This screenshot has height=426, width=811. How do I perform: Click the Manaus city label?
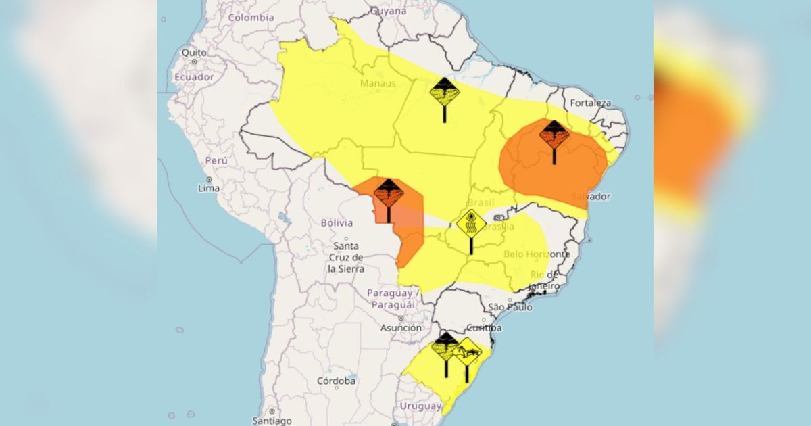(378, 83)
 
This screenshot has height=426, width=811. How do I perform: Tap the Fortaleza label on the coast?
(590, 103)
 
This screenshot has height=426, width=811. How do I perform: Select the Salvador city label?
(590, 197)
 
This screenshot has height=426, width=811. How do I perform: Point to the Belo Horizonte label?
(537, 254)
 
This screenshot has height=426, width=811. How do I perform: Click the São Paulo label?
(510, 308)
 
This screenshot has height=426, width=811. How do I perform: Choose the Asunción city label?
(401, 328)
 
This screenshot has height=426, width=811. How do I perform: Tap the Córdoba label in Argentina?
(336, 381)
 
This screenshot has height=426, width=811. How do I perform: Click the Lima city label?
(208, 188)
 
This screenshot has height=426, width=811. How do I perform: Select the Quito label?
(194, 53)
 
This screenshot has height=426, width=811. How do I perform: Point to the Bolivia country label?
(337, 222)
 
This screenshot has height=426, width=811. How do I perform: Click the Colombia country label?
(251, 18)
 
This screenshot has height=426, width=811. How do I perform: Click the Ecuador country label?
(194, 77)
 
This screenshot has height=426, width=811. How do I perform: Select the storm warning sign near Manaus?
(444, 93)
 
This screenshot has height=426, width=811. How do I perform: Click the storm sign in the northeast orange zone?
(554, 135)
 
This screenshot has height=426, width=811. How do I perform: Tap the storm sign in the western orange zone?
(389, 193)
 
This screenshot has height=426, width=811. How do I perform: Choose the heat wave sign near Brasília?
(471, 223)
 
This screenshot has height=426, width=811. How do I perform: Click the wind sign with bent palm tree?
(467, 352)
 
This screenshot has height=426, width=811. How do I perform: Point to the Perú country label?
(216, 161)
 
